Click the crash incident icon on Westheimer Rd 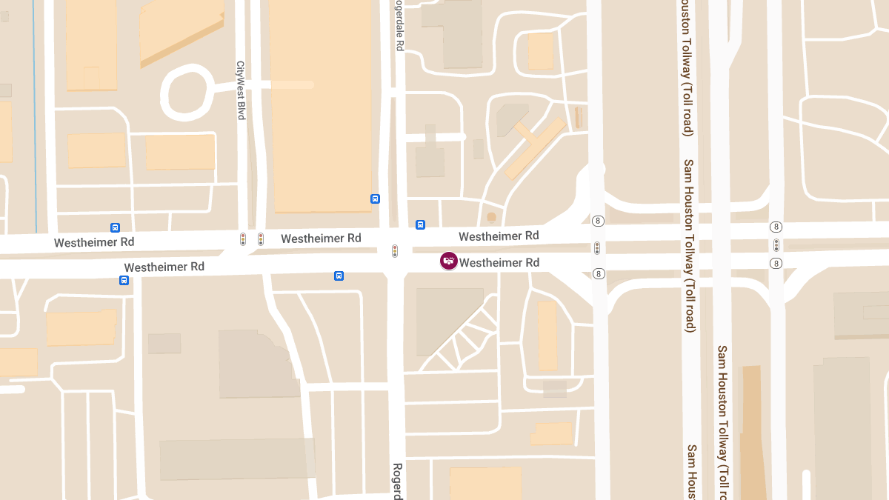(x=448, y=261)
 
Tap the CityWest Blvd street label (x=240, y=90)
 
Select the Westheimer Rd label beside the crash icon (x=499, y=263)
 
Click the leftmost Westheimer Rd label (x=94, y=242)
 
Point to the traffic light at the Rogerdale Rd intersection (x=395, y=251)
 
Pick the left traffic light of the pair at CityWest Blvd (x=243, y=239)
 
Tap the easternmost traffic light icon (x=776, y=245)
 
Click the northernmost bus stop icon (x=376, y=199)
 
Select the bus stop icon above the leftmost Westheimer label (x=116, y=227)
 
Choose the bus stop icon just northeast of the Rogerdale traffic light (x=420, y=224)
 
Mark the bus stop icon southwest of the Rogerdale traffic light (x=339, y=276)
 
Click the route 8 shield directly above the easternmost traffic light (x=776, y=227)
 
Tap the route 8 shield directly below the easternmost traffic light (x=776, y=263)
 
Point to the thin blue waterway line (x=34, y=111)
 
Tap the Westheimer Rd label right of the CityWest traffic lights (x=321, y=239)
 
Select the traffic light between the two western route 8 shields (x=597, y=247)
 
